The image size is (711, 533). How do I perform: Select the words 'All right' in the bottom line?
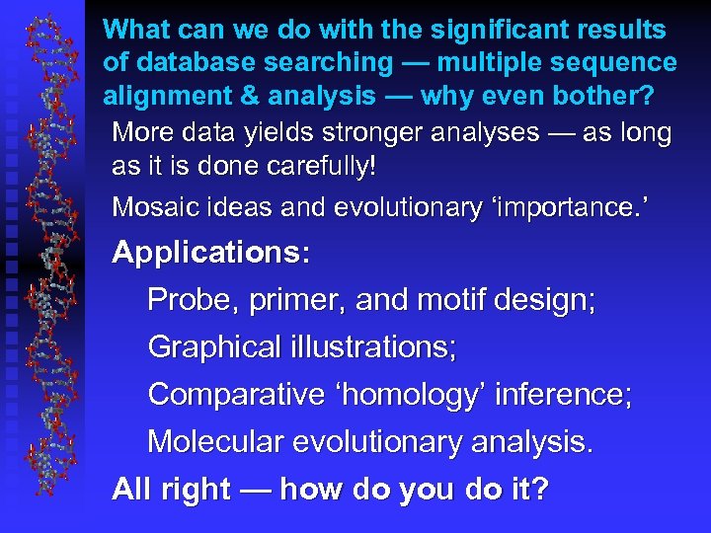(171, 490)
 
